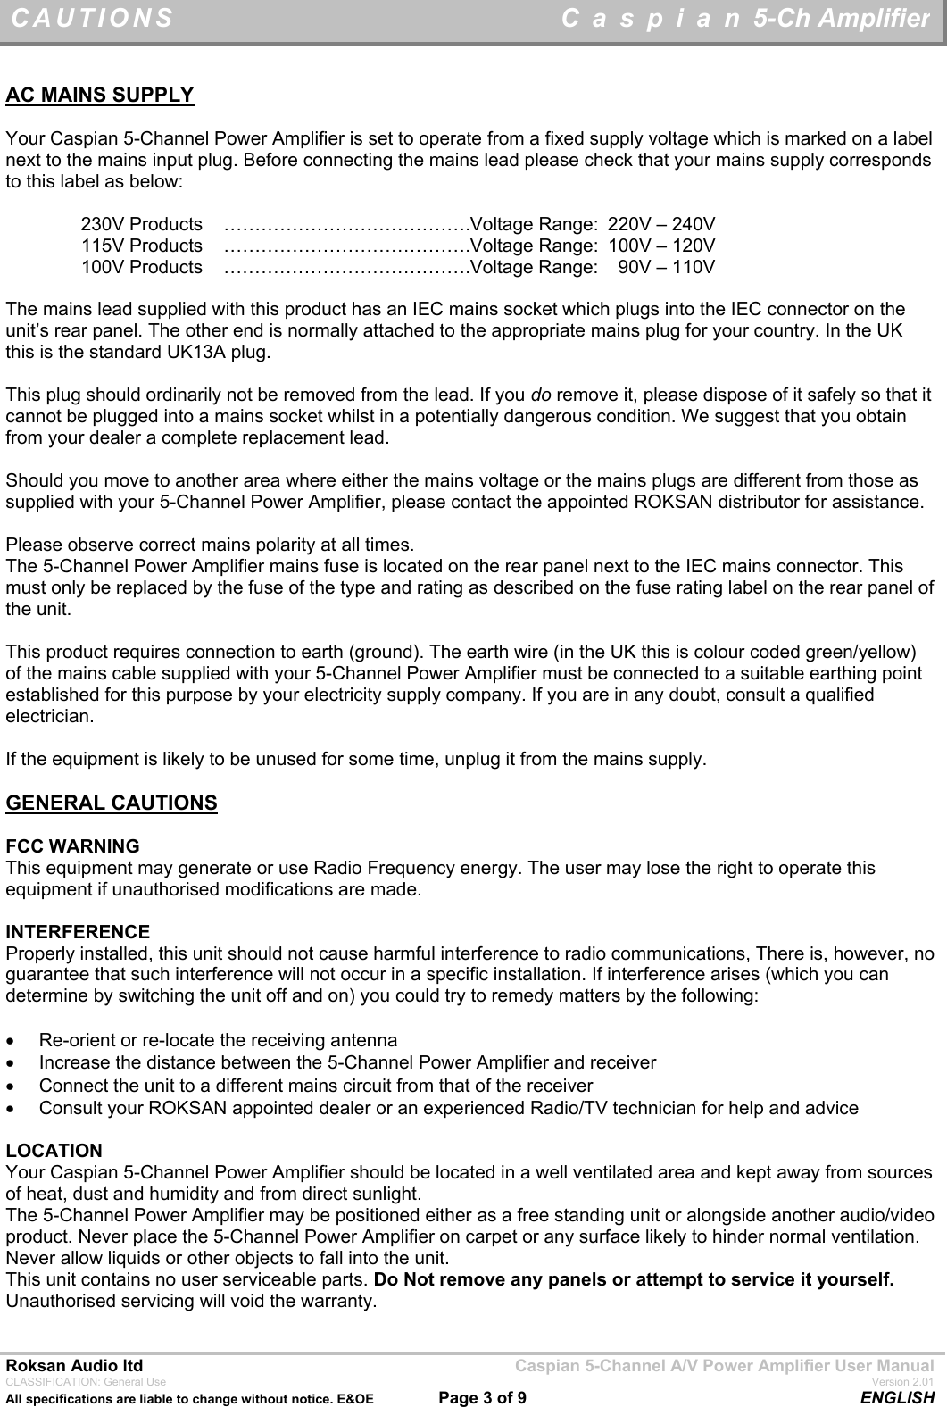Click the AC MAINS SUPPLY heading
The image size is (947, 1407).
pyautogui.click(x=100, y=96)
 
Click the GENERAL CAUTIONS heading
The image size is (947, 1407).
pyautogui.click(x=112, y=803)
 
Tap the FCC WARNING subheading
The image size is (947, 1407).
pyautogui.click(x=73, y=845)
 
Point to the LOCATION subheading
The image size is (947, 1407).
pyautogui.click(x=54, y=1150)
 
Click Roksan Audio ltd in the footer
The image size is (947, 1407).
pyautogui.click(x=74, y=1366)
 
